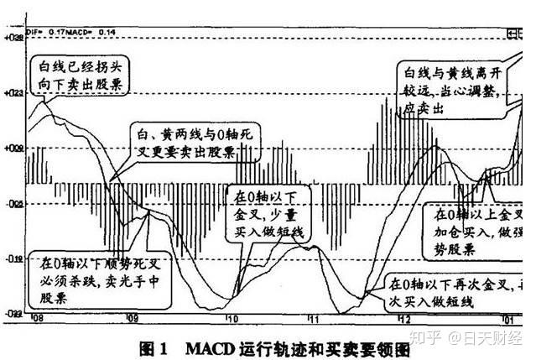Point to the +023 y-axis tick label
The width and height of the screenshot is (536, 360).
tap(12, 93)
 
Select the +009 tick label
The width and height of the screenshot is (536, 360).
tap(12, 149)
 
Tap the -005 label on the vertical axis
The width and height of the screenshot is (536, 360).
tap(12, 204)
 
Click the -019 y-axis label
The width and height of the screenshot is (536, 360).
tap(12, 259)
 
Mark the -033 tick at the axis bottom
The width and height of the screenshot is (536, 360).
tap(12, 313)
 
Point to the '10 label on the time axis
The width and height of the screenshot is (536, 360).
tap(232, 320)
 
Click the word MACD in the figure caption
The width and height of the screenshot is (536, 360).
tap(205, 344)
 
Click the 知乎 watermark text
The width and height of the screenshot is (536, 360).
tap(421, 339)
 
